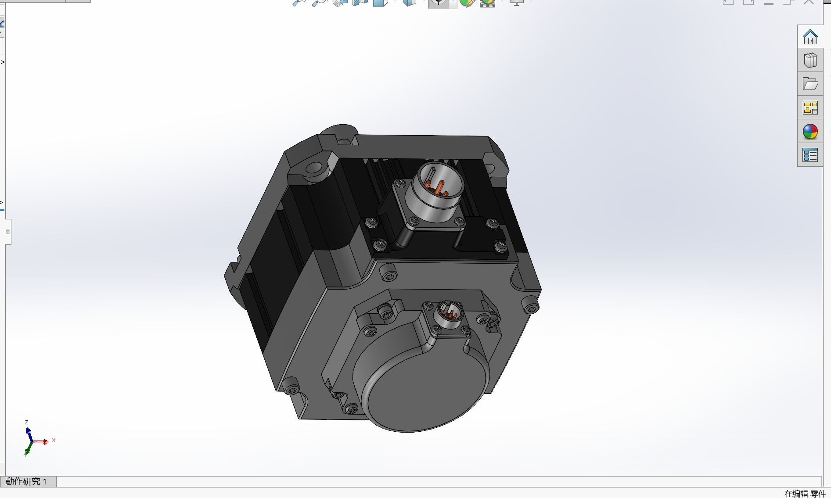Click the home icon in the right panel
pos(810,37)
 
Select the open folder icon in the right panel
pos(810,84)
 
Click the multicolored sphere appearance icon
pos(810,131)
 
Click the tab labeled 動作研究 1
pos(26,481)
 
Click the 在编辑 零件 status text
pos(805,494)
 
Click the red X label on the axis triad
pos(54,440)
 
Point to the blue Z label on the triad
pos(27,422)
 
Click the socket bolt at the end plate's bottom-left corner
pos(291,388)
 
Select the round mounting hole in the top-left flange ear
pos(314,168)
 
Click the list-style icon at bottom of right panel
pos(810,155)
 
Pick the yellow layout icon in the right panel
pos(810,107)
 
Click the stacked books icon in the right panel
pos(810,60)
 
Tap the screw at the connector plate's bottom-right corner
pos(500,246)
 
